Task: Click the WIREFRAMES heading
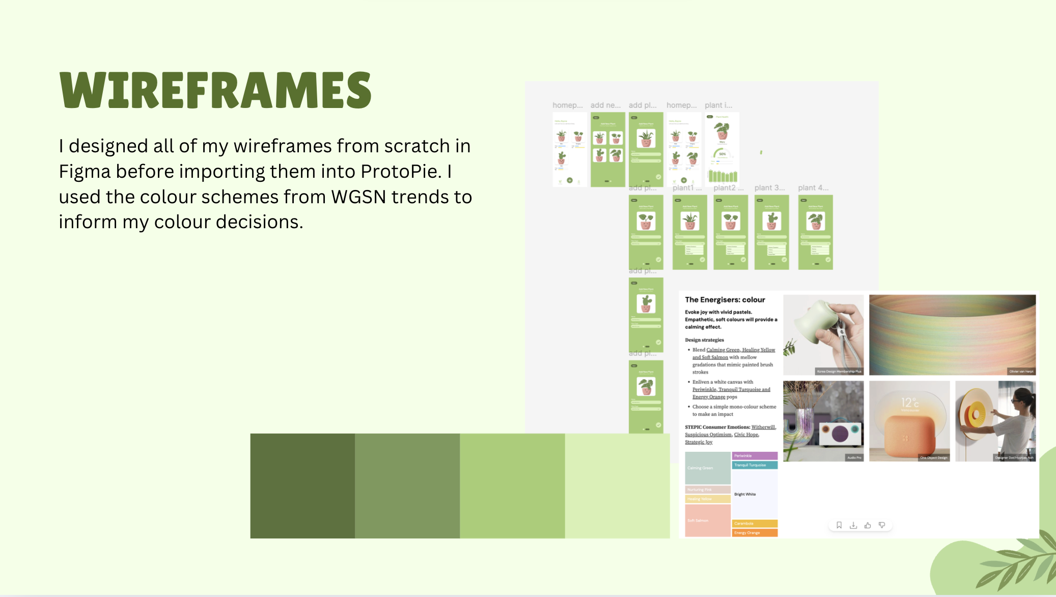(215, 90)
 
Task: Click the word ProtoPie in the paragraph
(400, 172)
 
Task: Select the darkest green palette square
(302, 485)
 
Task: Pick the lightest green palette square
(617, 485)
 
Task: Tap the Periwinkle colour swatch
(754, 456)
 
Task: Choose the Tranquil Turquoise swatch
(754, 465)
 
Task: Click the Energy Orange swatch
(754, 533)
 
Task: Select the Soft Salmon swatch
(707, 520)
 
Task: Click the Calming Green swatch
(707, 468)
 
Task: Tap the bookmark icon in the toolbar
(839, 525)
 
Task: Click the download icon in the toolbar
(853, 525)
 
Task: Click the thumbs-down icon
(882, 525)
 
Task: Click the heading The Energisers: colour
(725, 300)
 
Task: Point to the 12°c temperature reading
(909, 402)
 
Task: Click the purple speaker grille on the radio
(840, 433)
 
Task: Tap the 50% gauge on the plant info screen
(722, 154)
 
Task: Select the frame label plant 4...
(813, 188)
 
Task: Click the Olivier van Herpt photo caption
(1021, 371)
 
